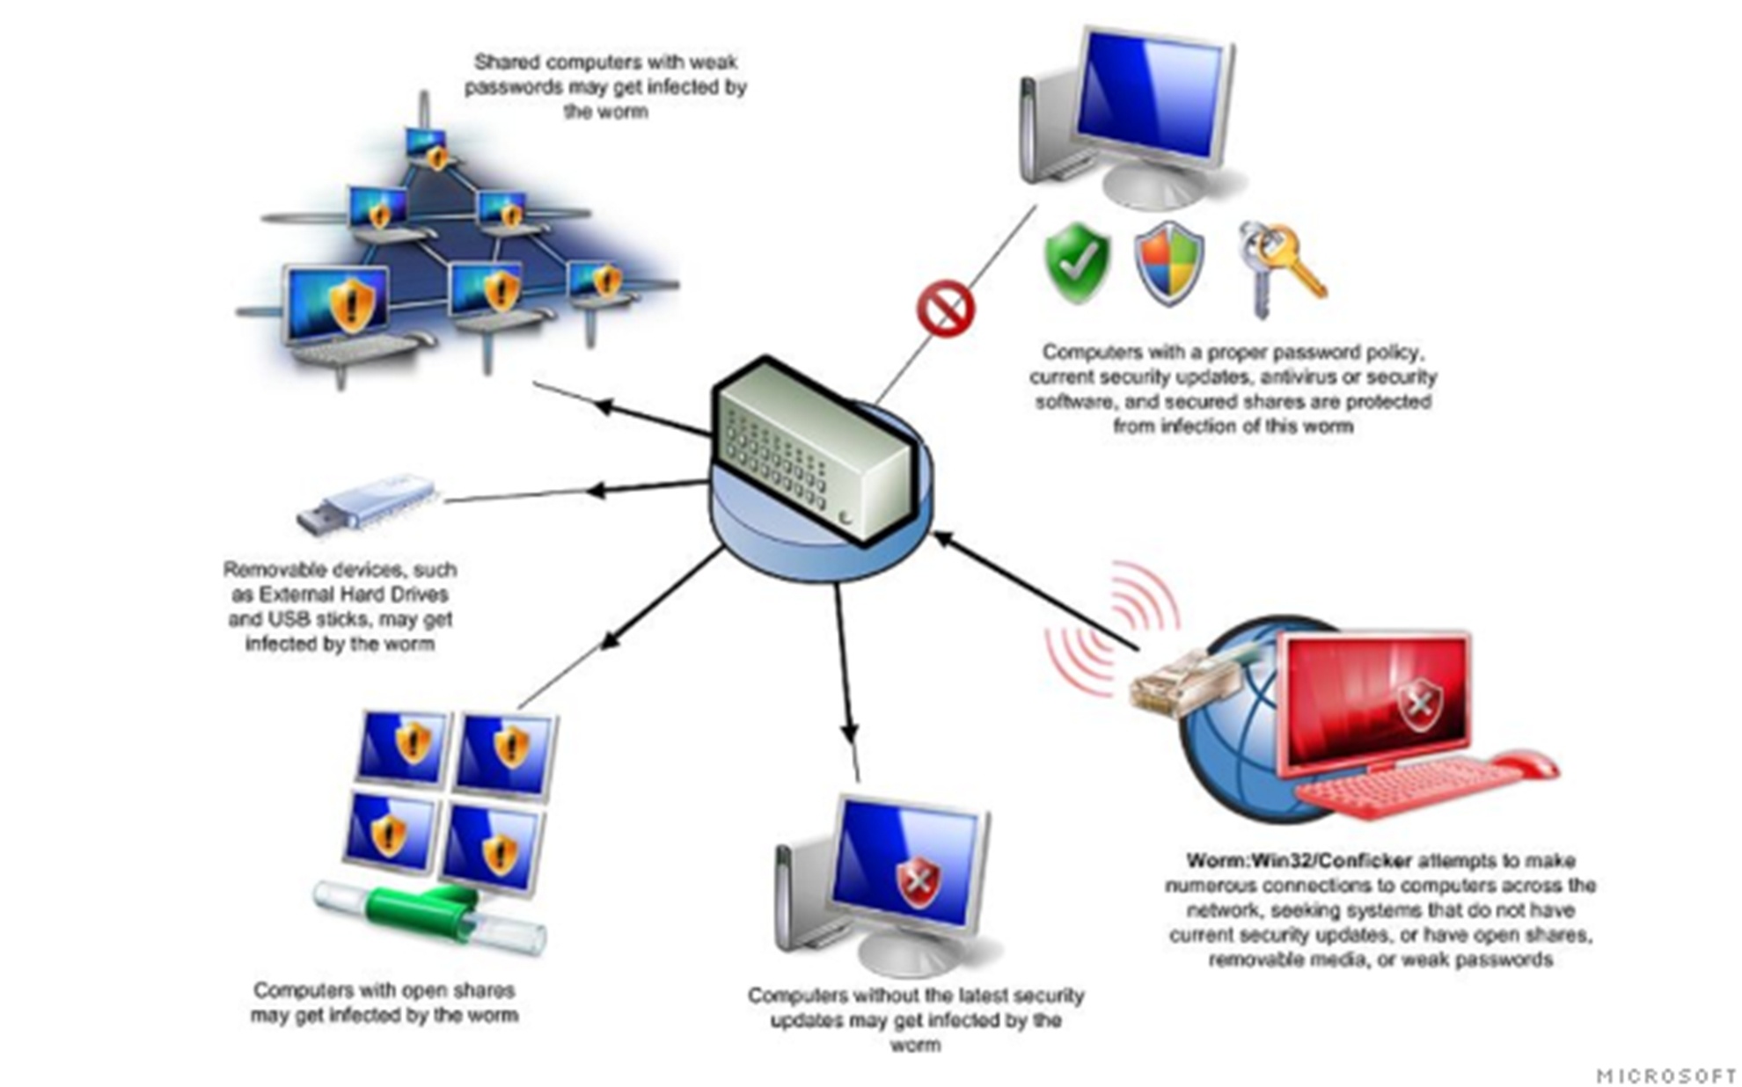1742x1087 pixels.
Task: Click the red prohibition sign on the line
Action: [946, 309]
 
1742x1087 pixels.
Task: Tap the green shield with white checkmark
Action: [1077, 262]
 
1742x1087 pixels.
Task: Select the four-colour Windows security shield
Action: [1168, 262]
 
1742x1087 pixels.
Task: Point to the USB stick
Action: [366, 505]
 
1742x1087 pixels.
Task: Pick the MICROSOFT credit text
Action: [1665, 1076]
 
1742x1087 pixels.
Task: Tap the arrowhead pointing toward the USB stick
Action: [596, 490]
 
